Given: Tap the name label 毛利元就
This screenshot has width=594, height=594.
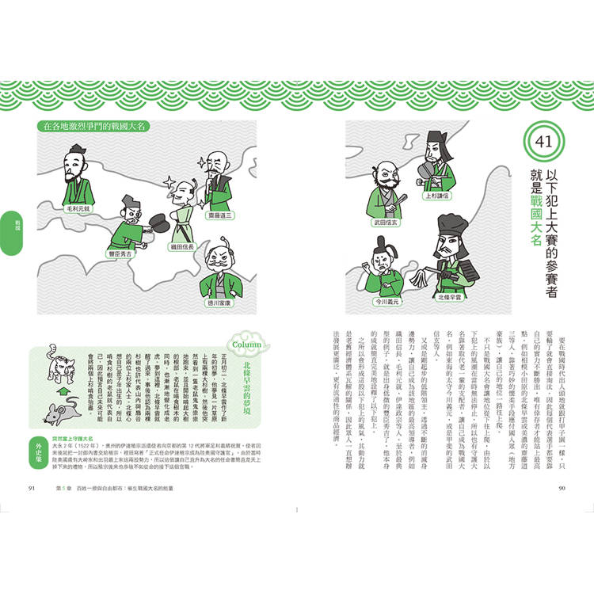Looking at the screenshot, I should [x=81, y=208].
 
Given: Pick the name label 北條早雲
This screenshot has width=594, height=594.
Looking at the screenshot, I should [x=451, y=297].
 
